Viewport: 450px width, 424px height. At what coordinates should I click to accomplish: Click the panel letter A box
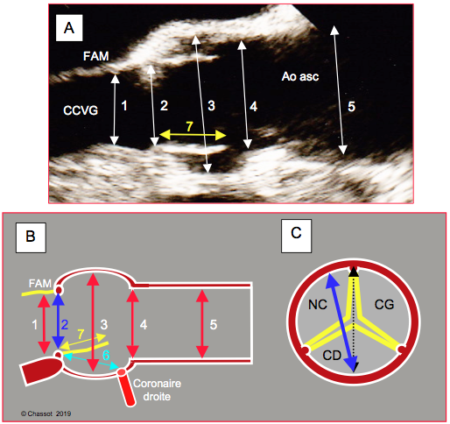(69, 28)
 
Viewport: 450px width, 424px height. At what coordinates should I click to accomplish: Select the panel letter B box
(31, 237)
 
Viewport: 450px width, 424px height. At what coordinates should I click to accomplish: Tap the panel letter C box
(296, 236)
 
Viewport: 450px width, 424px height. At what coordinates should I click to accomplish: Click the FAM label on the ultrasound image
(96, 56)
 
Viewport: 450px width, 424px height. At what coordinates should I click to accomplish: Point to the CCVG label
(81, 110)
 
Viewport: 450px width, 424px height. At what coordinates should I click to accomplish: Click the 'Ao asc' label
(300, 76)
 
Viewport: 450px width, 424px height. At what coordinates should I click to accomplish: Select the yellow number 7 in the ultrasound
(189, 127)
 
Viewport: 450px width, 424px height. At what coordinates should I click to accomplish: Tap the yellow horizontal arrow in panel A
(193, 135)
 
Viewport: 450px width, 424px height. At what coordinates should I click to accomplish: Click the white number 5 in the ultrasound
(351, 107)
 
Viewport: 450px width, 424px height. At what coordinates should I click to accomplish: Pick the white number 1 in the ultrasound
(124, 106)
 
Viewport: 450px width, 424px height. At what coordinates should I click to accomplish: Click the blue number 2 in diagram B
(65, 325)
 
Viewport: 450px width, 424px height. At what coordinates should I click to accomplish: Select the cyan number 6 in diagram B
(106, 356)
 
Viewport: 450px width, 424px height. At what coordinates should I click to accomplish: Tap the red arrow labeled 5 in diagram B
(202, 324)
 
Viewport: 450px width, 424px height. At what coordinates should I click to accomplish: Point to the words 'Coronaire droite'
(157, 390)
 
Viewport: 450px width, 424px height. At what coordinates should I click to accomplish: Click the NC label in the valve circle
(318, 305)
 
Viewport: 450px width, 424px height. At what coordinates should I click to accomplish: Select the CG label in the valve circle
(384, 305)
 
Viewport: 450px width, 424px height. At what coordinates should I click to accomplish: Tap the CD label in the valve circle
(332, 356)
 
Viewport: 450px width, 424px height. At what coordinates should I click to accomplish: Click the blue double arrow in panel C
(341, 322)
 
